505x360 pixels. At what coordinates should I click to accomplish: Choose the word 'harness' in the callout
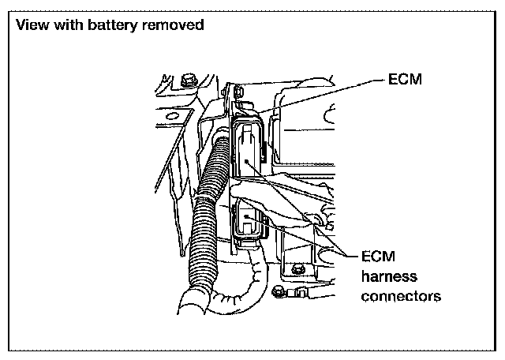pos(389,276)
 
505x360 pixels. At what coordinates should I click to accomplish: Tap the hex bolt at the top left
pos(188,81)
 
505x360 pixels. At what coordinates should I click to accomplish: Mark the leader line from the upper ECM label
pos(316,93)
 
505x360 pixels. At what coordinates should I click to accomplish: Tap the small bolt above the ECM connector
pos(241,96)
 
